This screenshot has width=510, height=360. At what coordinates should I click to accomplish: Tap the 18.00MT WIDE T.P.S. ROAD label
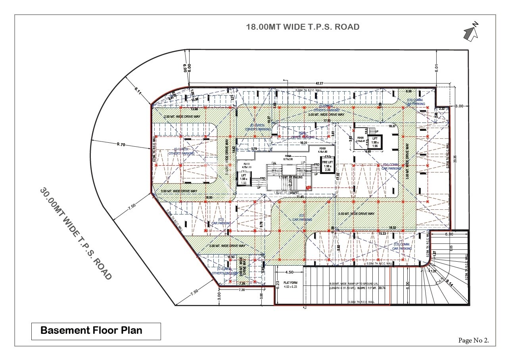pos(303,27)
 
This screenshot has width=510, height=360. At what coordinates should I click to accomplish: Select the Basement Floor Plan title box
pos(96,331)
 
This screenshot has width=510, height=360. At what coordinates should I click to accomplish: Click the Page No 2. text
pos(474,340)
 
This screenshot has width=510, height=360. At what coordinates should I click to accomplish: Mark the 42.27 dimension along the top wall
pos(319,84)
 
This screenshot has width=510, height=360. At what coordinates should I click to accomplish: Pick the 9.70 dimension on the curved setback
pos(121,145)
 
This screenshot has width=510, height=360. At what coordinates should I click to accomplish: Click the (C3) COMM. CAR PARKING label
pos(402,246)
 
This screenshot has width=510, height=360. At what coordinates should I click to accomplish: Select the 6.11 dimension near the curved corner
pos(138,90)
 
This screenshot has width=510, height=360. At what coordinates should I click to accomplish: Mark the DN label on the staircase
pos(273,163)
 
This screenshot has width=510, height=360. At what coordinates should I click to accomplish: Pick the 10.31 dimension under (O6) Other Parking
pos(303,143)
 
